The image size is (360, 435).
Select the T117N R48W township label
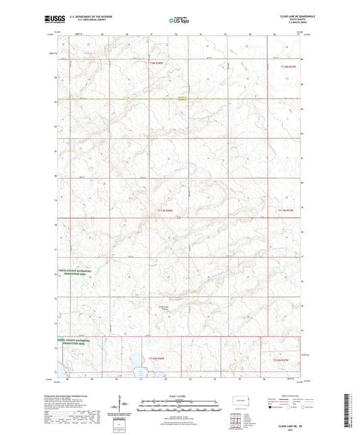point(166,211)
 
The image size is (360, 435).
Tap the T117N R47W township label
point(286,211)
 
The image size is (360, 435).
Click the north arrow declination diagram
point(122,404)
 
